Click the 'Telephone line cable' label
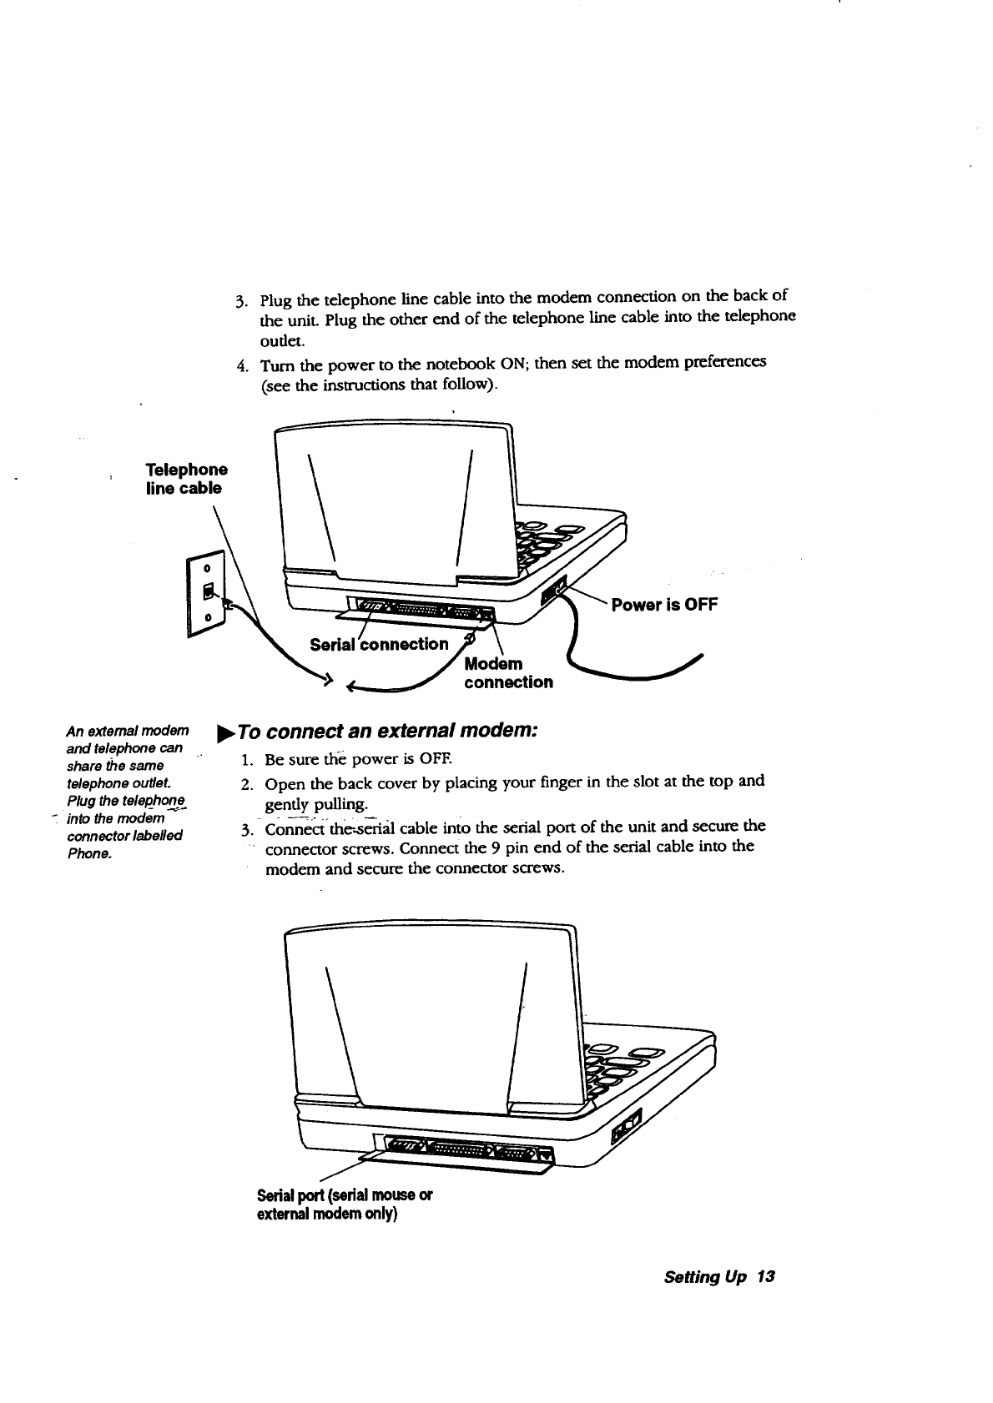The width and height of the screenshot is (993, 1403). pos(187,479)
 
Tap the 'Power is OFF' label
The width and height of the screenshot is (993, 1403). pos(664,605)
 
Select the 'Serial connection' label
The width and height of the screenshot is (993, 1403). pos(379,644)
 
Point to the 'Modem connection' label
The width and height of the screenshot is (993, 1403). pos(507,673)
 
